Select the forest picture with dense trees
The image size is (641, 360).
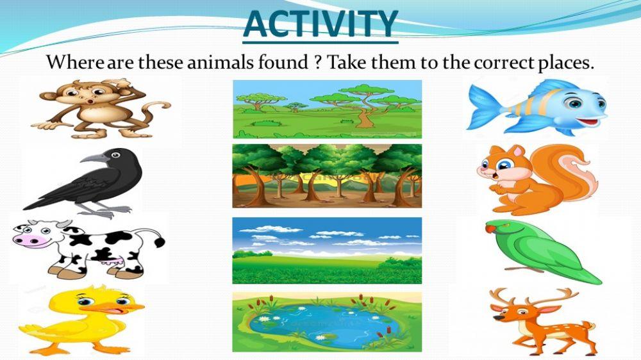coord(327,176)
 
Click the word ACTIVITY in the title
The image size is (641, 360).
coord(320,24)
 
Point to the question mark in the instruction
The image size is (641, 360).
coord(319,63)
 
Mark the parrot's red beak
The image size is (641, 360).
coord(490,227)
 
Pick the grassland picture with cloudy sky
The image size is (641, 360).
coord(327,250)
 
